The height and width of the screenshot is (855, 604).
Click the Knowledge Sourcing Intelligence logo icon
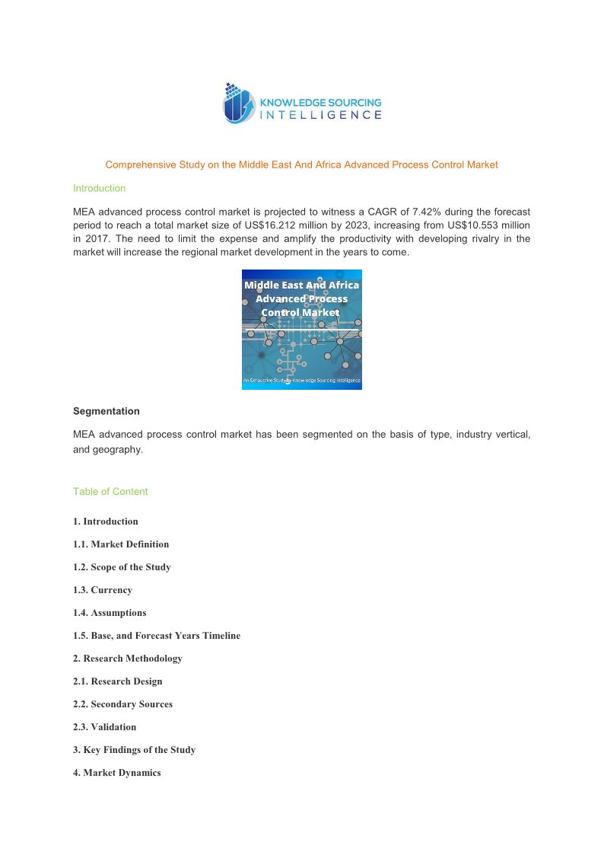(x=240, y=104)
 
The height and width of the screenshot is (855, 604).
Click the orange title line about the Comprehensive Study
(x=301, y=164)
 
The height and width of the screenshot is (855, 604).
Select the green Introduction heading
(x=99, y=188)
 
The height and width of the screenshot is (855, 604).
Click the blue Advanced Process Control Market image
(x=301, y=329)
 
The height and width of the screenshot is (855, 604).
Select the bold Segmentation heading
(x=106, y=411)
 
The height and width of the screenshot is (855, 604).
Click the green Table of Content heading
(x=110, y=492)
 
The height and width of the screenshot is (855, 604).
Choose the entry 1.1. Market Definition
(x=121, y=544)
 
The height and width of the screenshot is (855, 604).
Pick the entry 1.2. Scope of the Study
(x=122, y=567)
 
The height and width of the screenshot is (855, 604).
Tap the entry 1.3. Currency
(x=103, y=590)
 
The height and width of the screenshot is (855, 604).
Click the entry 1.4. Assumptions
(x=110, y=613)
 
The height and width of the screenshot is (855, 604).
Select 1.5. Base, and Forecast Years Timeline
(x=157, y=636)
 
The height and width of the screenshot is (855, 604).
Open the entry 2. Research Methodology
(x=128, y=659)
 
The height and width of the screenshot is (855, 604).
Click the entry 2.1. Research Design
(x=118, y=681)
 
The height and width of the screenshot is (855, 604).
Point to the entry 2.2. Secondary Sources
(x=122, y=704)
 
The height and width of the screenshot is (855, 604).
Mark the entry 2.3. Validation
(x=105, y=727)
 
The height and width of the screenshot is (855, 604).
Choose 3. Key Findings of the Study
(x=134, y=750)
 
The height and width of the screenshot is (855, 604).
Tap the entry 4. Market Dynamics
(x=117, y=773)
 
